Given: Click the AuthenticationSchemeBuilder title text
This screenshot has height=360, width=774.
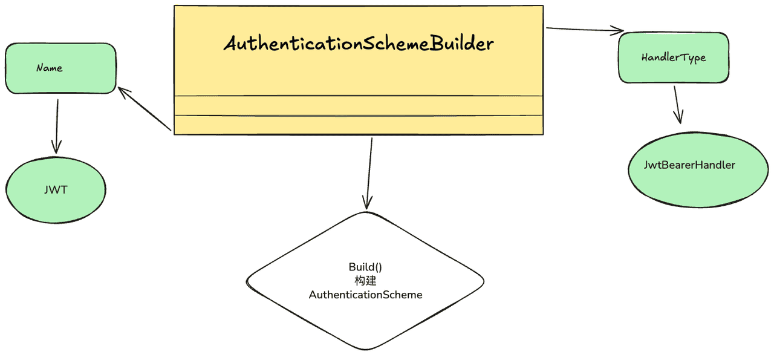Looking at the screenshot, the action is pos(359,44).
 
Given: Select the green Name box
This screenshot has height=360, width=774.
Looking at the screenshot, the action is pos(61,68).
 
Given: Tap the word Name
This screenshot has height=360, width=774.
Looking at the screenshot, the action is pos(50,68).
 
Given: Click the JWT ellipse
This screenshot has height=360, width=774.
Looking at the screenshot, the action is pos(56,190).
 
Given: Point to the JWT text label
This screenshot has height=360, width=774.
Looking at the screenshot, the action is pos(56,190).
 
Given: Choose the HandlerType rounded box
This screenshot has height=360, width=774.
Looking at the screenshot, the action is pos(674,57).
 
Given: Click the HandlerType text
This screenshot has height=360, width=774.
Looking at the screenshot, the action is pos(674,57).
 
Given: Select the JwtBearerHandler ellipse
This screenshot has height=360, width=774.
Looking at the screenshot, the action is pos(698,170).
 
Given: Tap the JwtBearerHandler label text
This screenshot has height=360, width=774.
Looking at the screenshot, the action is pos(689,165).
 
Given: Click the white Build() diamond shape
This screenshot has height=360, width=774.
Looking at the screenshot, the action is pos(365,281).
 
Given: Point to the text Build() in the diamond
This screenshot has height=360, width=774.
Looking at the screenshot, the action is pos(365,267).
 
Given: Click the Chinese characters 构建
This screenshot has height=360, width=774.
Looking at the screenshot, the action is pos(365,281).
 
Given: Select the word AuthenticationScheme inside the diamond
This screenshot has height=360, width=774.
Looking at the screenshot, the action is pos(365,295).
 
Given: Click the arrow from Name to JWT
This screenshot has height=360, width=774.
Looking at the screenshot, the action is pos(57,126).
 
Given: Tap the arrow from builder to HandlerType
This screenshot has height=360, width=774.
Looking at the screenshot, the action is pos(585,30).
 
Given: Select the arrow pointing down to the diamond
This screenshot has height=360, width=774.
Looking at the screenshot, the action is pos(369,174).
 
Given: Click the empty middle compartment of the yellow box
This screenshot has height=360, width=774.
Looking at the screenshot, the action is pos(359,105).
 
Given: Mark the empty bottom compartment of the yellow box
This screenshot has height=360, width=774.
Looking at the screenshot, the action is pos(359,125).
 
